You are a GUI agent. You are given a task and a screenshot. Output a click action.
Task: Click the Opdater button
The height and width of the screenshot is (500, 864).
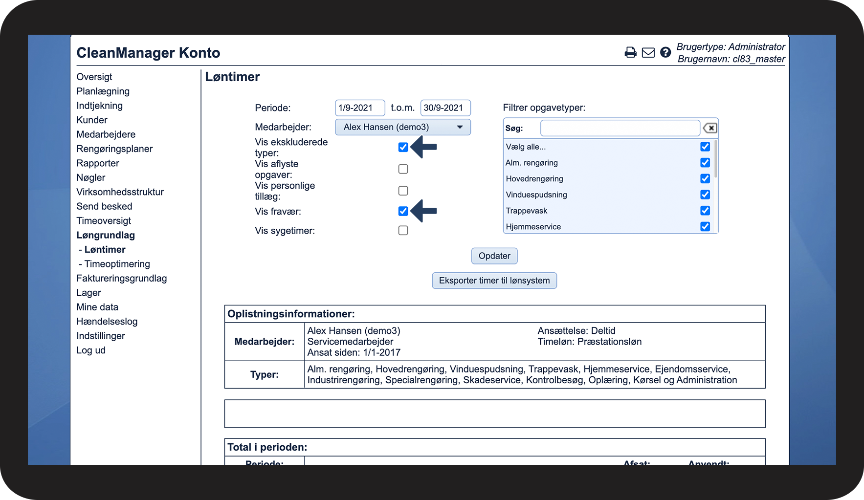tap(494, 256)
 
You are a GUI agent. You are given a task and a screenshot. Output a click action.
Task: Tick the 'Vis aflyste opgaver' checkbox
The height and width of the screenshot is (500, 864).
tap(403, 169)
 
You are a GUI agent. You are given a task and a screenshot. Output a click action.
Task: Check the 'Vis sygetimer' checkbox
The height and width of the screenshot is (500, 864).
tap(403, 231)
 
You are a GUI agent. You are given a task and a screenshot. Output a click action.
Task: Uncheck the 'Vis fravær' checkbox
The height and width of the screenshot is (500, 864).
tap(403, 211)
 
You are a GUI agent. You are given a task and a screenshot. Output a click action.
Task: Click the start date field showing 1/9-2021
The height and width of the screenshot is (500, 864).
tap(359, 108)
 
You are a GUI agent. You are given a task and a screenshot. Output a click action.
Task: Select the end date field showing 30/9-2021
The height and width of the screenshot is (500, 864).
tap(445, 108)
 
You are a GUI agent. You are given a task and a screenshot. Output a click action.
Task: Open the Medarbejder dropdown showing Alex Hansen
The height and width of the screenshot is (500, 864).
tap(402, 127)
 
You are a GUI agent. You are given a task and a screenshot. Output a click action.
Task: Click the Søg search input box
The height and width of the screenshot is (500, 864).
tap(620, 128)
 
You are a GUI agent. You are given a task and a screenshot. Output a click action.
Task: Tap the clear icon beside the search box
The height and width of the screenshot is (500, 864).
tap(710, 128)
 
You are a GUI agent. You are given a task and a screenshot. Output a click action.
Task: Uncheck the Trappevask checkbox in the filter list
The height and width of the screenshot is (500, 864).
tap(705, 211)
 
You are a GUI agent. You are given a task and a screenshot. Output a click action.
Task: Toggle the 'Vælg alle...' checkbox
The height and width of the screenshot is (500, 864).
tap(705, 147)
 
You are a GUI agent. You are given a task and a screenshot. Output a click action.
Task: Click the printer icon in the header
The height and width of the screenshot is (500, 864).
tap(630, 53)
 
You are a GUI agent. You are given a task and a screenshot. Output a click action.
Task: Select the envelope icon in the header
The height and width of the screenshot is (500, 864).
tap(648, 53)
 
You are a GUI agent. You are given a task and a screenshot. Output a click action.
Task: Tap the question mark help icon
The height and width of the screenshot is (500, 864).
tap(665, 53)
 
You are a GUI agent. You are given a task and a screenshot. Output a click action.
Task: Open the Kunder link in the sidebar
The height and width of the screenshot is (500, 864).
tap(92, 120)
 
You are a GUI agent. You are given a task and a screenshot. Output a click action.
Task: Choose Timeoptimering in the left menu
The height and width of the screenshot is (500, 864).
tap(117, 264)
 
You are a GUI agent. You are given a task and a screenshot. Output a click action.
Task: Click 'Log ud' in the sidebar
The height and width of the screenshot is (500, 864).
tap(91, 350)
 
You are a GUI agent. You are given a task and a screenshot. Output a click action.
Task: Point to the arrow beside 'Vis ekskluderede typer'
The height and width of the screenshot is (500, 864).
tap(424, 147)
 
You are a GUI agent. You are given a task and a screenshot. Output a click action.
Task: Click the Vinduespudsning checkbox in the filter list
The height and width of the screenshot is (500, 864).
tap(705, 195)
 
